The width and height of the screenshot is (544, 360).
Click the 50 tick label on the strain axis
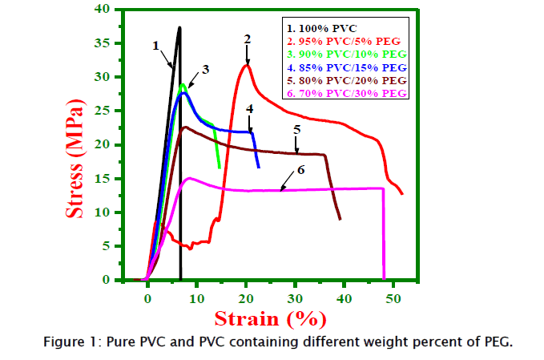[393, 297]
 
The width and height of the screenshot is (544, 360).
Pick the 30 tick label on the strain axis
[295, 297]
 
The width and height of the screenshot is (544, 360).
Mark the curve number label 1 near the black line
[155, 46]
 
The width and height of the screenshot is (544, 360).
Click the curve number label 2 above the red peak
[248, 38]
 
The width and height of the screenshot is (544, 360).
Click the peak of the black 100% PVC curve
[179, 27]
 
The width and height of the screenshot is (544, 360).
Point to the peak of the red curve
[247, 64]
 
